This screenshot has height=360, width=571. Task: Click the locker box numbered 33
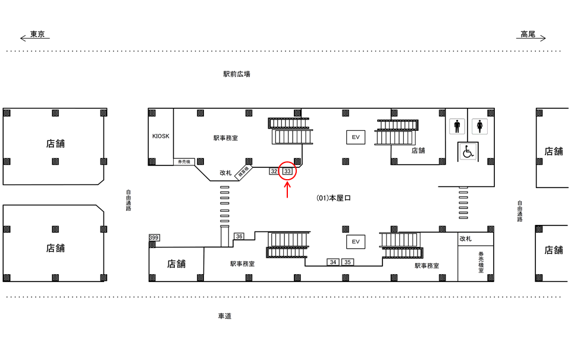(x=287, y=171)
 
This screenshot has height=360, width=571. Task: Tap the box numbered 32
(x=274, y=171)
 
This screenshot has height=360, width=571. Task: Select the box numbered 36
(x=239, y=236)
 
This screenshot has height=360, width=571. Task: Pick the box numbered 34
(x=333, y=262)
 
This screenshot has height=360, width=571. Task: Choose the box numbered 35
(x=348, y=262)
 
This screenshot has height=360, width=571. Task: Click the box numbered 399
(x=154, y=238)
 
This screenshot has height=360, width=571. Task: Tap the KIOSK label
(x=161, y=136)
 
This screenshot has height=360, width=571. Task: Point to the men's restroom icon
(x=457, y=127)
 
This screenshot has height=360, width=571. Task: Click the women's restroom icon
(x=479, y=127)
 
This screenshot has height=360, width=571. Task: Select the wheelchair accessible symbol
(x=468, y=152)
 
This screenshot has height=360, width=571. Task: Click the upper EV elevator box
(x=356, y=137)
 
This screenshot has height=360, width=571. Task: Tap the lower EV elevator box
(x=356, y=242)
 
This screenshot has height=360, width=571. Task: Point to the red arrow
(x=287, y=190)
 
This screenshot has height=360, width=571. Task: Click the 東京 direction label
(x=37, y=35)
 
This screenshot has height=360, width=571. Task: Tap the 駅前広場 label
(x=237, y=74)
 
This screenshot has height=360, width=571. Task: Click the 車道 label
(x=224, y=316)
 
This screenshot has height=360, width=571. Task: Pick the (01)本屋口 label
(x=334, y=198)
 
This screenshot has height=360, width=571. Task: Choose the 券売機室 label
(x=481, y=262)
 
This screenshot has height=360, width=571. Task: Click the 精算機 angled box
(x=244, y=171)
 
